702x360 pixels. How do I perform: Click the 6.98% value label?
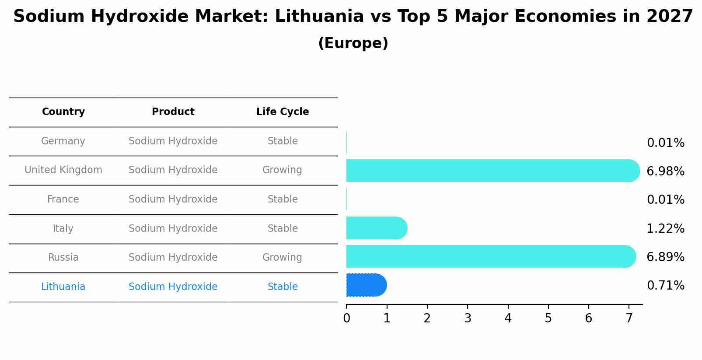tap(665, 171)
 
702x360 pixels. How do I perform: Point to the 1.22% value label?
tap(665, 228)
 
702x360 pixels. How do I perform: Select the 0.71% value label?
tap(665, 286)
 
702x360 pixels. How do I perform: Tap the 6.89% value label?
tap(665, 257)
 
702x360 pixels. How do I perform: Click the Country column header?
tap(63, 112)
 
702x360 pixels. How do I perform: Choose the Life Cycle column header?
tap(283, 112)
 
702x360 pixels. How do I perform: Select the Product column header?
tap(173, 112)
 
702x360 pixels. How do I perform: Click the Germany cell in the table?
tap(63, 141)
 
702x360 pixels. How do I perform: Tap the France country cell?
tap(63, 199)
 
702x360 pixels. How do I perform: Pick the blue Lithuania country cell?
tap(63, 287)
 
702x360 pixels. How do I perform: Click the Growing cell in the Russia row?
tap(282, 258)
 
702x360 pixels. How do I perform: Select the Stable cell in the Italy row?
tap(283, 229)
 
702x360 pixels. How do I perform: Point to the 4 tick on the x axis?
tap(508, 318)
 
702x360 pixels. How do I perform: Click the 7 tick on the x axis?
tap(629, 318)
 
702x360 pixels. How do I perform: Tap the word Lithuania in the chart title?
tap(319, 17)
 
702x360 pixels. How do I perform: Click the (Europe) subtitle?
tap(353, 43)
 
